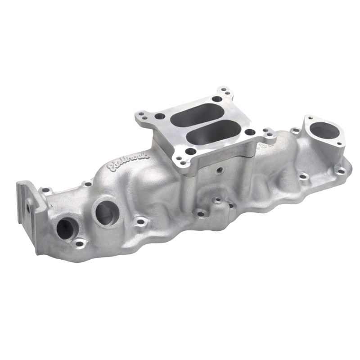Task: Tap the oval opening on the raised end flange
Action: click(323, 130)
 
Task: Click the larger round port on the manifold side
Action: click(108, 212)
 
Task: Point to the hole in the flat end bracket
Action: click(28, 208)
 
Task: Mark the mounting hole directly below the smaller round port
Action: click(79, 244)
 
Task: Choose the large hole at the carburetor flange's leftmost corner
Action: click(160, 116)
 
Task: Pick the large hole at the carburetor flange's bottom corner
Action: click(191, 151)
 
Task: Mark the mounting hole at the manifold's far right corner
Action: click(338, 170)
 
